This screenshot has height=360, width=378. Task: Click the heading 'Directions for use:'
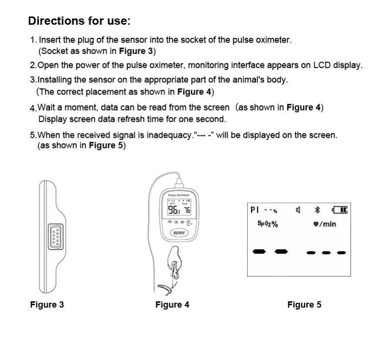(79, 21)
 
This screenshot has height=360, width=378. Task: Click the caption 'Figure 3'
(47, 305)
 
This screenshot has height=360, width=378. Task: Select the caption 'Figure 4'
(172, 305)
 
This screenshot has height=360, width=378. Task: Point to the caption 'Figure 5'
(304, 305)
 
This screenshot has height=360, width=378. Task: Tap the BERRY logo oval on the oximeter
(179, 233)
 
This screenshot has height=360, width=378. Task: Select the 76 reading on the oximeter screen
(187, 210)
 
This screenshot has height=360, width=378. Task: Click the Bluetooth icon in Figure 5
(318, 210)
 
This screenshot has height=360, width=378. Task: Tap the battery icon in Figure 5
(340, 210)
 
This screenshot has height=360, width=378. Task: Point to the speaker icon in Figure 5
(299, 210)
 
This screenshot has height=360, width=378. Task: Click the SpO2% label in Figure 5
(267, 224)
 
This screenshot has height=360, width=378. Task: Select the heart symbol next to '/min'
(315, 224)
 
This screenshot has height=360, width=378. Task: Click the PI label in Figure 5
(255, 210)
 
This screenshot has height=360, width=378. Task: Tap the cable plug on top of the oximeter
(178, 183)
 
